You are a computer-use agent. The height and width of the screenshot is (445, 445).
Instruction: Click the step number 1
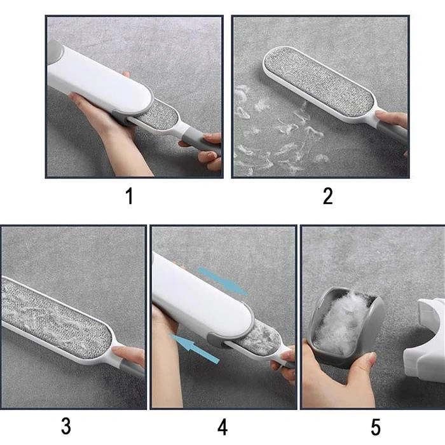(x=130, y=196)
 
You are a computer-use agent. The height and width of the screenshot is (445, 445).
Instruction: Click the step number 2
(x=328, y=196)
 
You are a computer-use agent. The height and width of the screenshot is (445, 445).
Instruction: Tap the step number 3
(x=66, y=426)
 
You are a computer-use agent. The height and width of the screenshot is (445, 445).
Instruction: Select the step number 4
(x=222, y=427)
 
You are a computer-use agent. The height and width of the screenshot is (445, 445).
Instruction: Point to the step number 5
(x=376, y=427)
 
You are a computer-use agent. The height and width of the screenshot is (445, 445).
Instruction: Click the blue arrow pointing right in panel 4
(x=222, y=281)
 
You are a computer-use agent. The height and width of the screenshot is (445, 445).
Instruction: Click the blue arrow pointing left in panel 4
(x=195, y=348)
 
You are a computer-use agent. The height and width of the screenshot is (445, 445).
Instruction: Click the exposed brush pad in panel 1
(x=158, y=115)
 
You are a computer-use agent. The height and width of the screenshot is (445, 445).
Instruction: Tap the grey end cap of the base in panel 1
(x=53, y=51)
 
